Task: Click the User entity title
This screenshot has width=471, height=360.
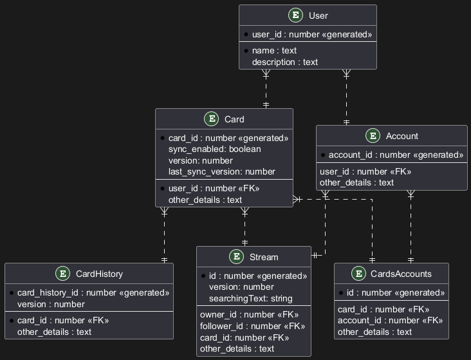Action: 318,15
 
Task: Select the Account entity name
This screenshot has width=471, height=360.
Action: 402,136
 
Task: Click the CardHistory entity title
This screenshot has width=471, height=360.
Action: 99,274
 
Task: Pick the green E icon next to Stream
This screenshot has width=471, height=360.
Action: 236,257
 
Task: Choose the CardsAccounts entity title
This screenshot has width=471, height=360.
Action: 402,274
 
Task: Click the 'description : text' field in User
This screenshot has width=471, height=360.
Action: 285,62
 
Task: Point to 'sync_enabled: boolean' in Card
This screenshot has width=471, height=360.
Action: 214,149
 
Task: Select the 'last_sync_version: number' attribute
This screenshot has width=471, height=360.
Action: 221,171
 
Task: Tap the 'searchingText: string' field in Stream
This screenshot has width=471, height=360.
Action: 250,298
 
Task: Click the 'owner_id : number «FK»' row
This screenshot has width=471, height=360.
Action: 250,315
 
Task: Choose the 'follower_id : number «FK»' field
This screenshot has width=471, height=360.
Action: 252,326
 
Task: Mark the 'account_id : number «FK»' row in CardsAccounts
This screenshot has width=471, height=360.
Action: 390,320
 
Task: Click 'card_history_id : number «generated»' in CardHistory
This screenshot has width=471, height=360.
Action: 93,292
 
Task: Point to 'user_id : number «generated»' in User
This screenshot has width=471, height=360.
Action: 311,33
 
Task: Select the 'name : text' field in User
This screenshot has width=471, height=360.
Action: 274,50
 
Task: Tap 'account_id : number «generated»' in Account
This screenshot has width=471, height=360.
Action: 396,155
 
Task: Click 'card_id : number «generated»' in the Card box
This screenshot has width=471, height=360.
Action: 228,138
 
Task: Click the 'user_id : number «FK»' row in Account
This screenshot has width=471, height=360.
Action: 365,171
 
